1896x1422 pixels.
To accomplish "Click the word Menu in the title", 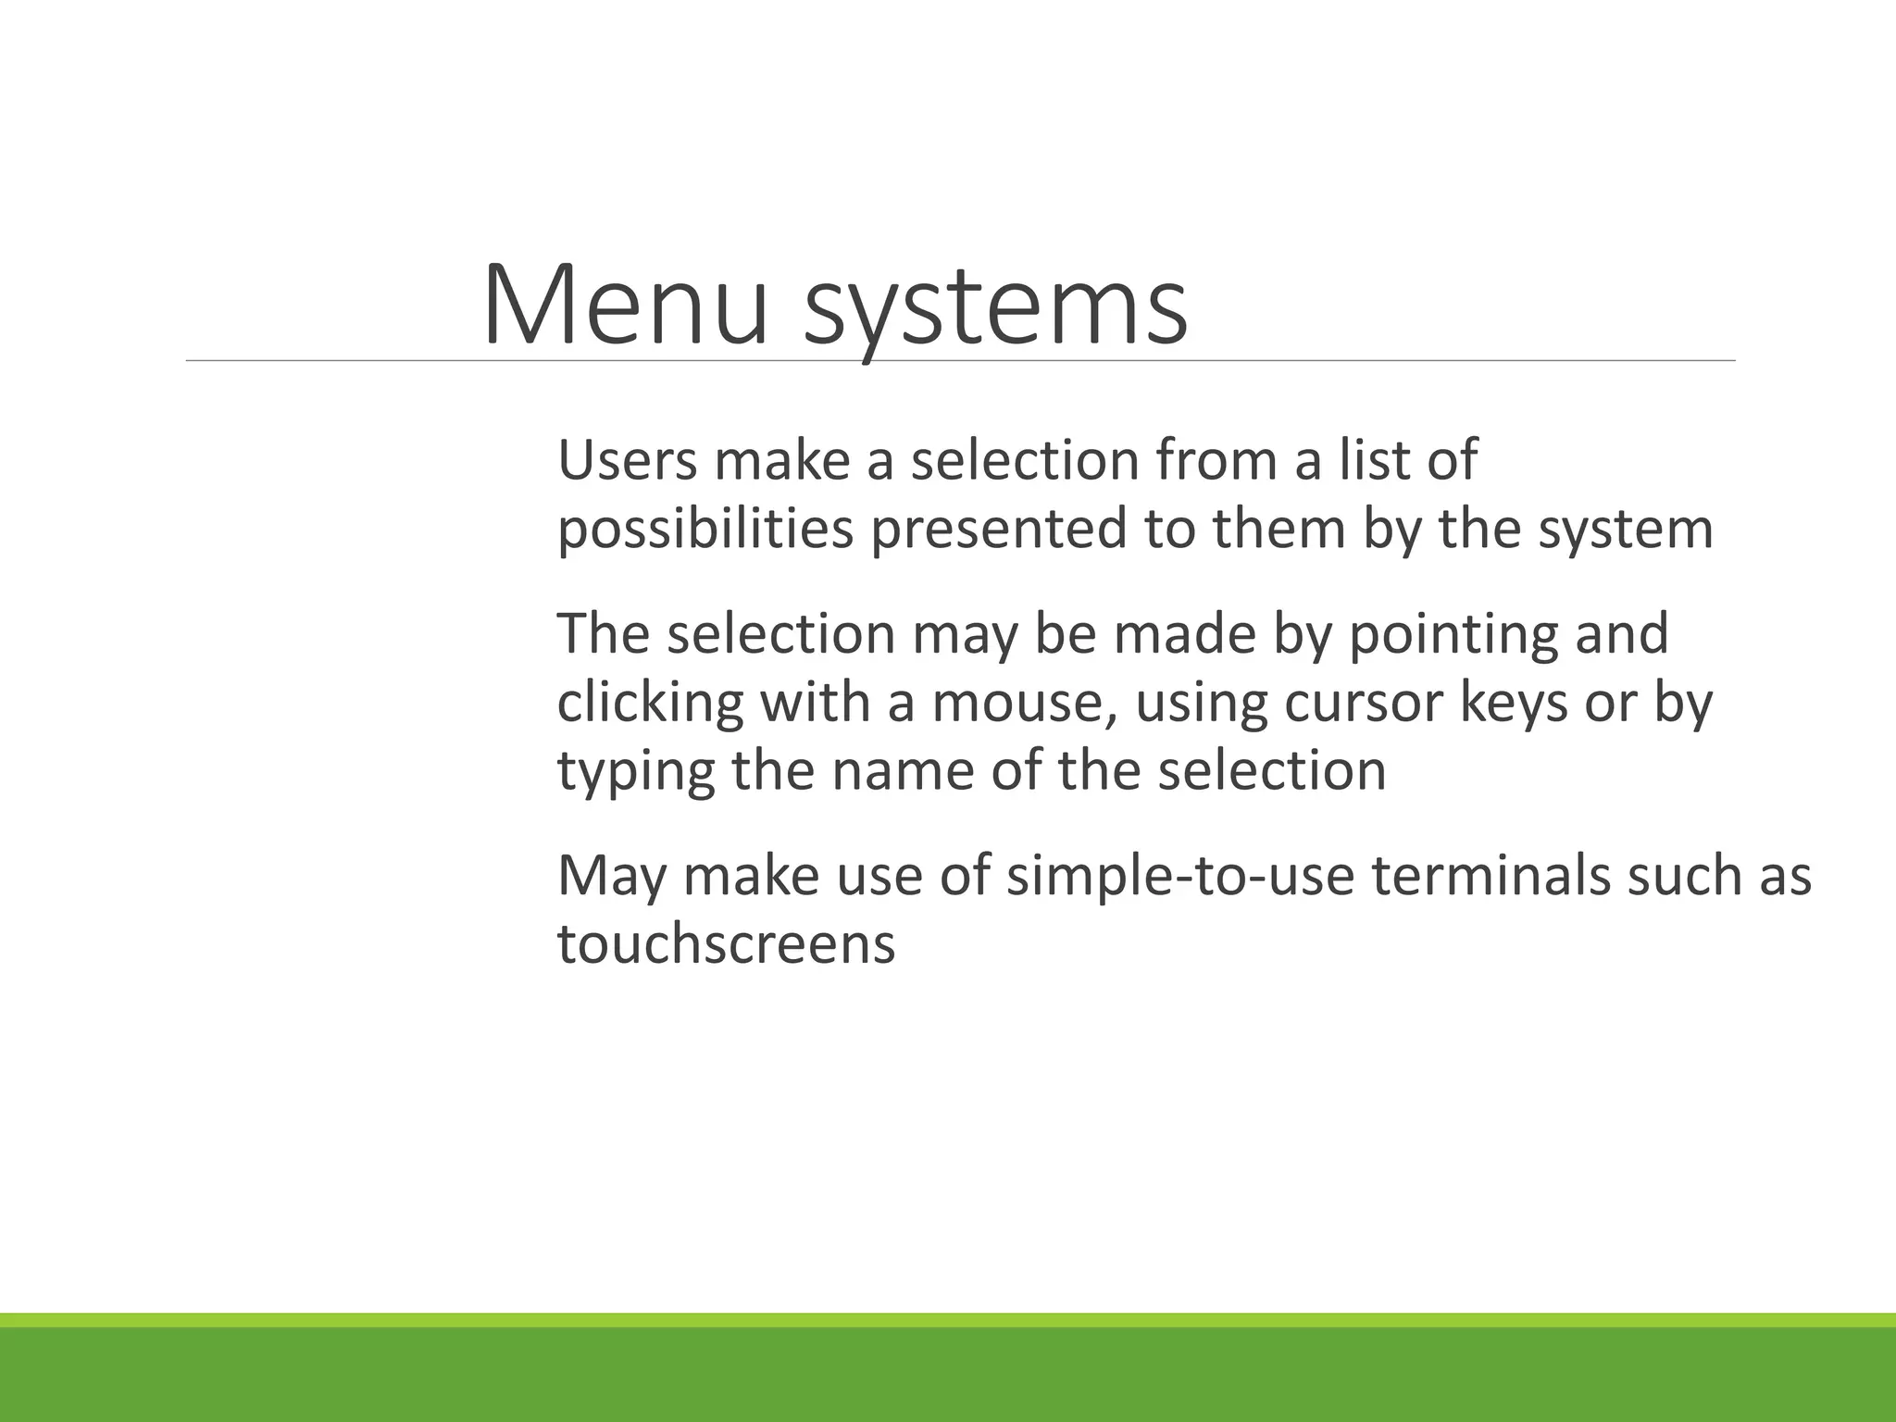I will pyautogui.click(x=625, y=305).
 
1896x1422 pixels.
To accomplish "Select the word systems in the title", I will pyautogui.click(x=995, y=310).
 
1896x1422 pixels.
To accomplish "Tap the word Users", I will pyautogui.click(x=627, y=460).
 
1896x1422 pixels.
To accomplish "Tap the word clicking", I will pyautogui.click(x=650, y=704).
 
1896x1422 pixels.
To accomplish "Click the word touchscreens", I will pyautogui.click(x=726, y=945).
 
